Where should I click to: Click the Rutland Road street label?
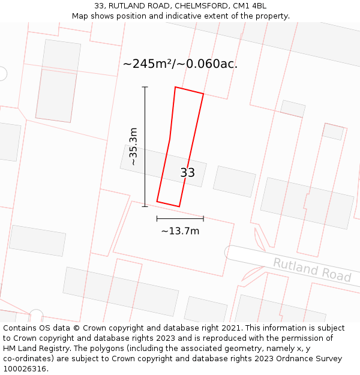pyautogui.click(x=312, y=269)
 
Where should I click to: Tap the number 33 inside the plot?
pyautogui.click(x=188, y=173)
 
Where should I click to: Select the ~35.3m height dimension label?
pyautogui.click(x=133, y=146)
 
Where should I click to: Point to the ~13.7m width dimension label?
pyautogui.click(x=180, y=231)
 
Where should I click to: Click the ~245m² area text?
pyautogui.click(x=148, y=64)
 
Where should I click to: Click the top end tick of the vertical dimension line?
pyautogui.click(x=145, y=87)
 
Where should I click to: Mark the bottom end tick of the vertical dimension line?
pyautogui.click(x=145, y=206)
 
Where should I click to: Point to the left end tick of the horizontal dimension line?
pyautogui.click(x=157, y=218)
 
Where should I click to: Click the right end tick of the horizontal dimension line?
pyautogui.click(x=203, y=218)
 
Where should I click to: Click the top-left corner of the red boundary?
pyautogui.click(x=175, y=87)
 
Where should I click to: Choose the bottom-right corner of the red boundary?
pyautogui.click(x=179, y=206)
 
